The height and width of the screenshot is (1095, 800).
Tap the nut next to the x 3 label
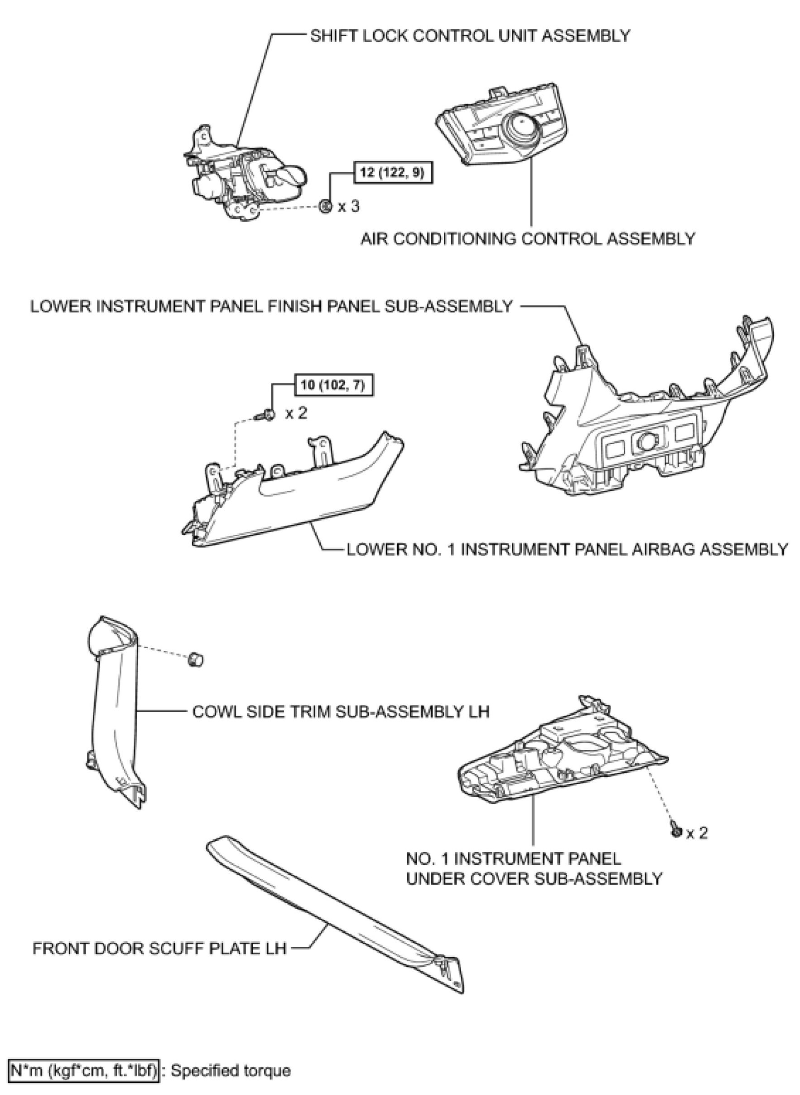(325, 206)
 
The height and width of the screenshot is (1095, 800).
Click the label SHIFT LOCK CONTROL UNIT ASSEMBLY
(470, 36)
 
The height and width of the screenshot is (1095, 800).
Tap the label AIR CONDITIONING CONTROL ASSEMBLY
(528, 238)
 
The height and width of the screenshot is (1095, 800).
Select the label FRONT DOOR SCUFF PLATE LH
(159, 948)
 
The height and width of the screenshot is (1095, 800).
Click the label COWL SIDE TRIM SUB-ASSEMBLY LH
(341, 711)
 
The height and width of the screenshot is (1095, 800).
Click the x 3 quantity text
(349, 206)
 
